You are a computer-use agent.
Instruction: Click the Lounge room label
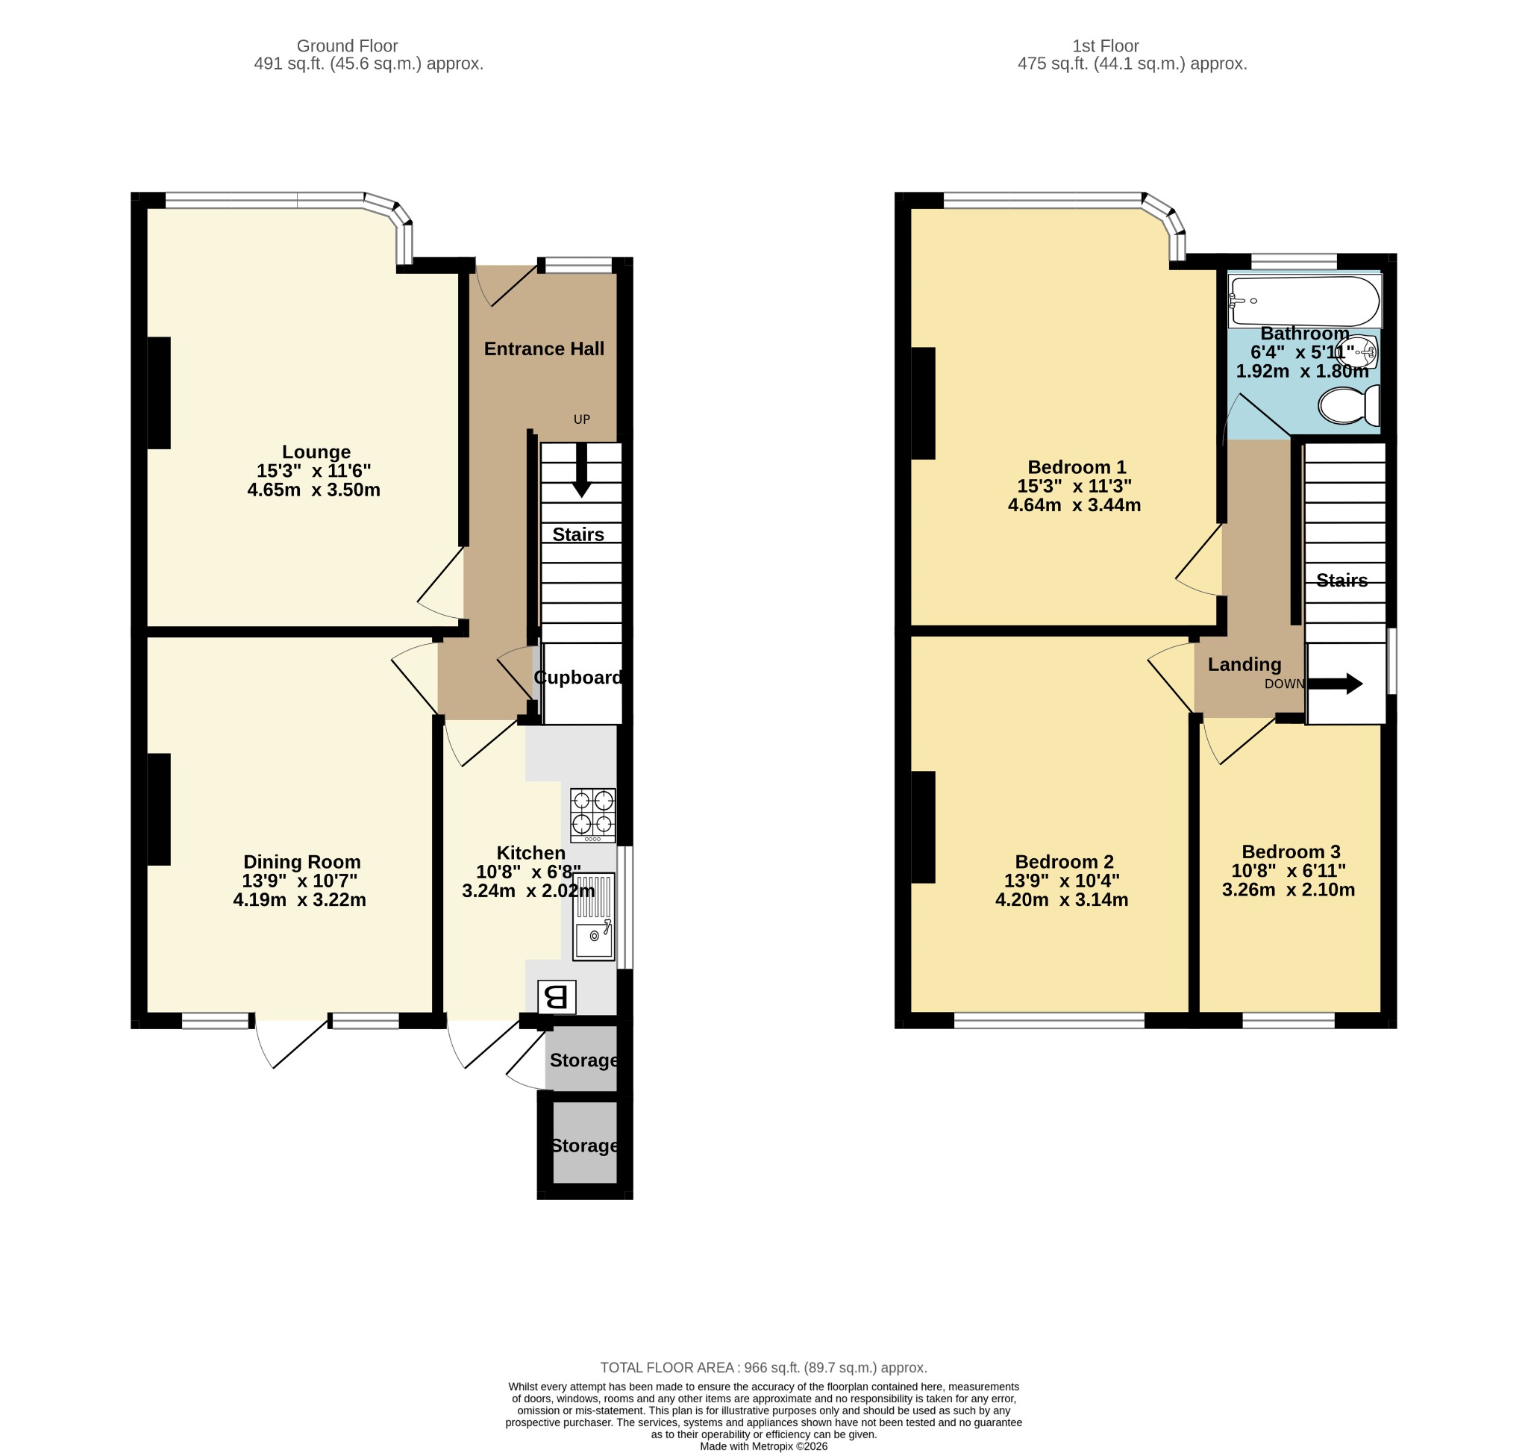coord(316,451)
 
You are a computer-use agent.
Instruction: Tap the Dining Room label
coord(302,862)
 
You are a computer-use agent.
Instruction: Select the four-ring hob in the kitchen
coord(593,815)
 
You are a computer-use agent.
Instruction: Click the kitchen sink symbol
coord(594,917)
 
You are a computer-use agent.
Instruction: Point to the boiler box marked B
coord(557,997)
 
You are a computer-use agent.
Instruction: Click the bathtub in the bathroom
coord(1305,301)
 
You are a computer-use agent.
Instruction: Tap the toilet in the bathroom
coord(1349,405)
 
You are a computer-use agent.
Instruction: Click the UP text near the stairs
coord(582,419)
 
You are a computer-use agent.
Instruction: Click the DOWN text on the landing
coord(1285,684)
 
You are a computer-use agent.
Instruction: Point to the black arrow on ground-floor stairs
coord(581,469)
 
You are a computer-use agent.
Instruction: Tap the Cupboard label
coord(578,678)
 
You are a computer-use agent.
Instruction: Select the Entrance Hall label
coord(544,349)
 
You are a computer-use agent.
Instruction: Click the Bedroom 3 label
coord(1291,852)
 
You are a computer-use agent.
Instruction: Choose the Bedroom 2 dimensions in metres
coord(1062,900)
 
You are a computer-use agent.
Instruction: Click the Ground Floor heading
coord(347,46)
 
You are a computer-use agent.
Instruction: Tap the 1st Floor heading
coord(1105,46)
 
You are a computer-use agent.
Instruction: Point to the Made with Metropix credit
coord(763,1446)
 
